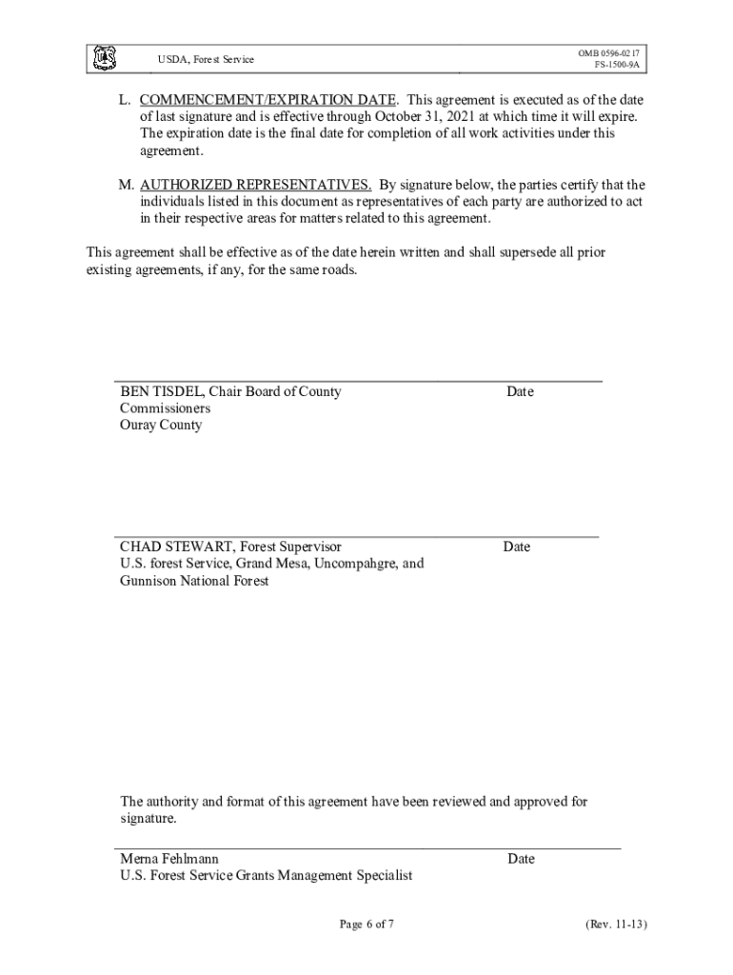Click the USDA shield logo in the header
coord(104,59)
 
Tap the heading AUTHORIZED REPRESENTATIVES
coord(255,185)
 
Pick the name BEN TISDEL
coord(160,391)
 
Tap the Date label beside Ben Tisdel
coord(520,391)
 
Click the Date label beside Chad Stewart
coord(517,547)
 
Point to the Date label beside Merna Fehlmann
coord(521,859)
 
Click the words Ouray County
coord(161,425)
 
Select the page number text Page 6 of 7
coord(366,925)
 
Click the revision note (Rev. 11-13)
coord(617,925)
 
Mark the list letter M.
coord(112,185)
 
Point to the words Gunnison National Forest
coord(194,580)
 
